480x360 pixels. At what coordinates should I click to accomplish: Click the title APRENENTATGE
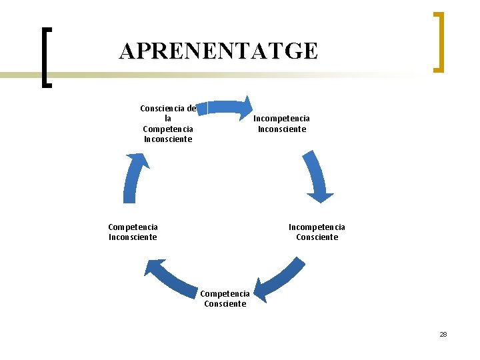[219, 51]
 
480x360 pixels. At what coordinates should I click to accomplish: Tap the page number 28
[443, 334]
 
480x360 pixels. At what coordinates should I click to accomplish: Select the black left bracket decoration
[45, 57]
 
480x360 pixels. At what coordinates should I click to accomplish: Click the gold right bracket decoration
[438, 41]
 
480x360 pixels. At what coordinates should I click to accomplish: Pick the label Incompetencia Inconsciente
[282, 124]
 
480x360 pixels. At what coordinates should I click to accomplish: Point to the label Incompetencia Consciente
[317, 232]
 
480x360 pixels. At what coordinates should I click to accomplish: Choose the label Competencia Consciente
[225, 299]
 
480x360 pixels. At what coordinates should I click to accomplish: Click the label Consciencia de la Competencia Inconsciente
[168, 123]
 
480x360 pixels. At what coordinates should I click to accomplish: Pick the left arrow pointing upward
[134, 177]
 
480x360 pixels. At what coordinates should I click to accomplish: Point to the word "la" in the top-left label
[168, 118]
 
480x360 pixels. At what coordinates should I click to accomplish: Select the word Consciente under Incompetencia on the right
[317, 237]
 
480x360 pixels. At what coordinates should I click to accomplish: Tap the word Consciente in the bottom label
[225, 304]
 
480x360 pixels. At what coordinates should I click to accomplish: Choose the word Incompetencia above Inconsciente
[282, 119]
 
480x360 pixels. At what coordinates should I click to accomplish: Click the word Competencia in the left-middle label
[133, 227]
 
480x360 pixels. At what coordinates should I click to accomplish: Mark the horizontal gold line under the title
[200, 75]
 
